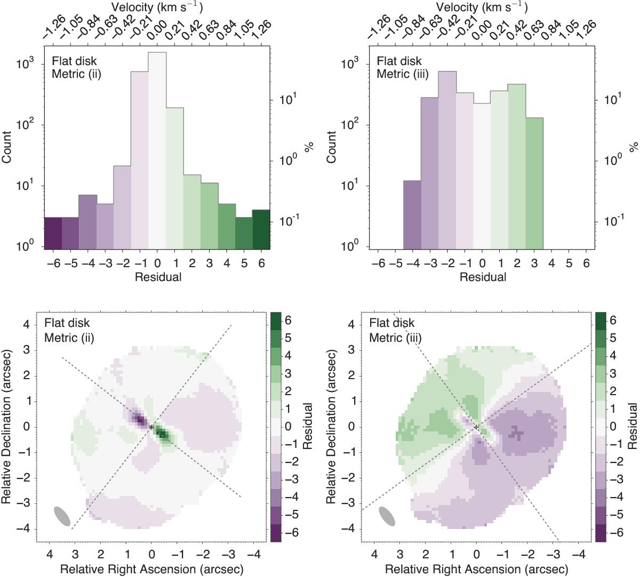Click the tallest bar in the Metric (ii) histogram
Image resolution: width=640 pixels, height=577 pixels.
(x=157, y=149)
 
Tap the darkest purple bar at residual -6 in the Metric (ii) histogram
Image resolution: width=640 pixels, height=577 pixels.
(x=53, y=233)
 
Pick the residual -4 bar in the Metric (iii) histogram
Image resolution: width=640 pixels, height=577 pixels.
(x=412, y=214)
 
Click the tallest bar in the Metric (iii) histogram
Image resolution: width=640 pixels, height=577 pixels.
(x=447, y=160)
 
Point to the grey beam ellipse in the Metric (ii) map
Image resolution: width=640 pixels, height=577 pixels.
(x=62, y=516)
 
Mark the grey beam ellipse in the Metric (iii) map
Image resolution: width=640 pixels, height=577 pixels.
(x=387, y=516)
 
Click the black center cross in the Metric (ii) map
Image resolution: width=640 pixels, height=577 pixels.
(x=151, y=427)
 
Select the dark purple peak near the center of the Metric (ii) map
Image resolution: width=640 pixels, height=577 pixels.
(x=140, y=420)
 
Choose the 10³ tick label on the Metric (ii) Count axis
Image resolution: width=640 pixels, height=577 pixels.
(x=26, y=64)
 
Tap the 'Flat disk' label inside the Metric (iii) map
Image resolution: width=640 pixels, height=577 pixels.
(x=392, y=323)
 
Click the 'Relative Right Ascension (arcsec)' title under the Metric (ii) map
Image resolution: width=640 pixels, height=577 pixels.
(x=152, y=569)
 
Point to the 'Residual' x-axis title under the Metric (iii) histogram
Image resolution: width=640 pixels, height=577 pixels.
(x=483, y=277)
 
